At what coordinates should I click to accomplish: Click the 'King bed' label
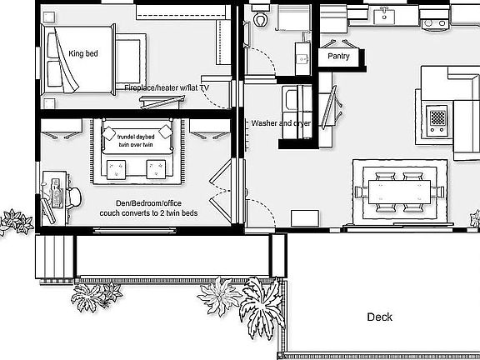pos(83,54)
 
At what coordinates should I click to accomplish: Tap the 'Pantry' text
pos(338,57)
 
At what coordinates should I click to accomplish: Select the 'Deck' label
pos(379,317)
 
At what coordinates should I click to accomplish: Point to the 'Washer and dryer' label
pos(281,122)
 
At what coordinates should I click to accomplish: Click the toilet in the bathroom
pos(261,16)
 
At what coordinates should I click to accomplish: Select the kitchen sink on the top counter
pos(384,14)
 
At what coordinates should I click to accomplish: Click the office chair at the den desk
pos(72,195)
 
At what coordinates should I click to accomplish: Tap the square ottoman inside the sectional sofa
pos(437,116)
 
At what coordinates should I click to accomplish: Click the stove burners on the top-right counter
pos(434,22)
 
